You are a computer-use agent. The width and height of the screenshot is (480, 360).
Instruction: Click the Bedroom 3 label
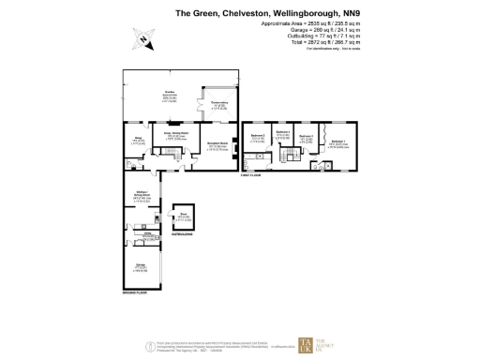pos(305,138)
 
